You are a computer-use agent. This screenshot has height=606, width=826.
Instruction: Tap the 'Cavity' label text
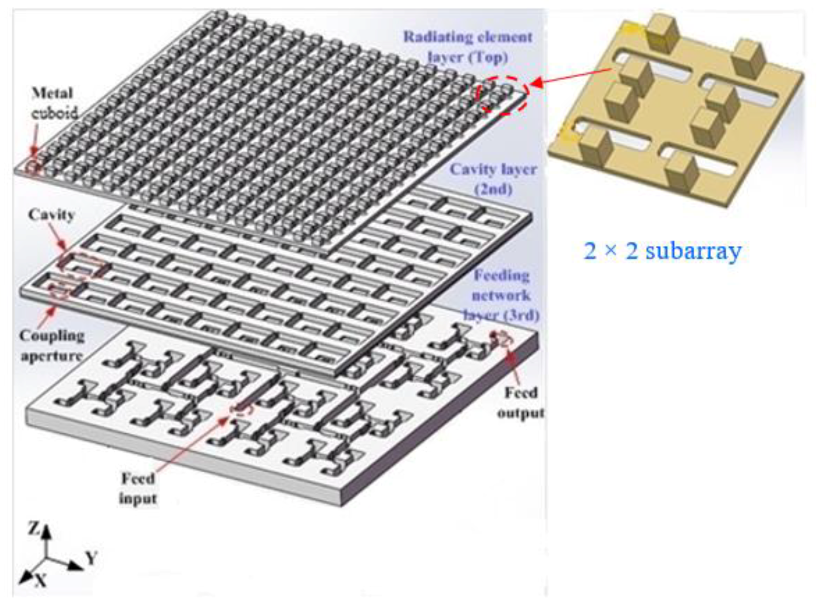[x=52, y=214]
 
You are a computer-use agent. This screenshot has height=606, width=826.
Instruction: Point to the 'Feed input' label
[x=138, y=488]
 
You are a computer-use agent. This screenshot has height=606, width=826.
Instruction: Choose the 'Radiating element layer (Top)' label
[x=468, y=47]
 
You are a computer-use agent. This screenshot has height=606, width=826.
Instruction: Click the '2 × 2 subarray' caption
[x=662, y=251]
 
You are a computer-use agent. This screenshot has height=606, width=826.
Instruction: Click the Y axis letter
[x=91, y=558]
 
